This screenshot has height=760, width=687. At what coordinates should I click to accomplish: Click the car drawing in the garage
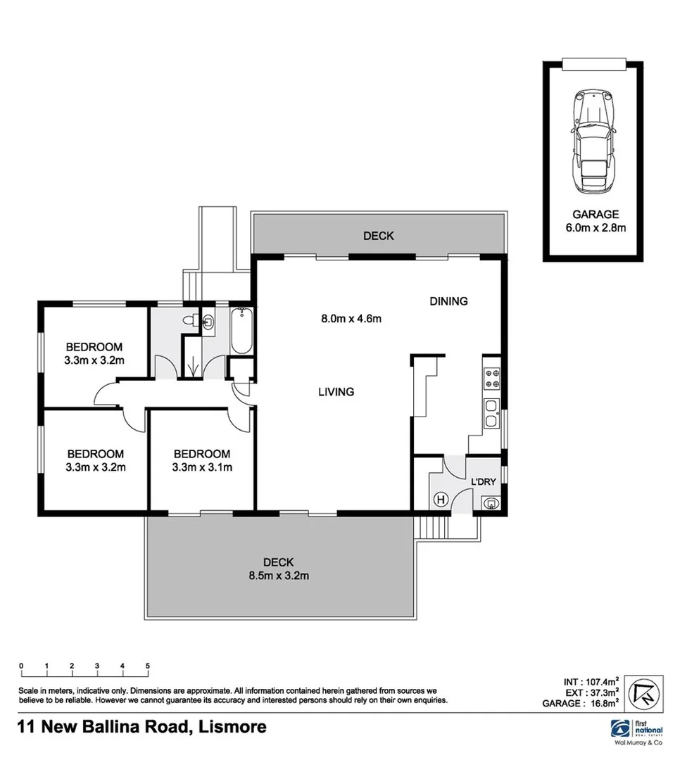[x=592, y=141]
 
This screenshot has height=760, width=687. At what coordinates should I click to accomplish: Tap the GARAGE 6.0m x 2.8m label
[x=595, y=221]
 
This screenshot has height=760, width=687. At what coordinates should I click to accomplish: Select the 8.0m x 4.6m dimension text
[x=351, y=318]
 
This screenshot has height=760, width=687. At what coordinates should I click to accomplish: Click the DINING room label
[x=448, y=301]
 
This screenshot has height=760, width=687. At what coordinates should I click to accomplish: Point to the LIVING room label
[x=336, y=392]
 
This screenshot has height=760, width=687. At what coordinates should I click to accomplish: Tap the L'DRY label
[x=484, y=481]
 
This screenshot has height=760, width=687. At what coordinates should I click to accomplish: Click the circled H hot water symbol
[x=441, y=500]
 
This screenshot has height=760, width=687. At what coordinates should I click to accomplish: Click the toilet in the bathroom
[x=190, y=321]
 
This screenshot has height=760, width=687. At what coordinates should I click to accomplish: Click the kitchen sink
[x=491, y=414]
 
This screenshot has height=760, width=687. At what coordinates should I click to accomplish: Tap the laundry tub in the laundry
[x=491, y=502]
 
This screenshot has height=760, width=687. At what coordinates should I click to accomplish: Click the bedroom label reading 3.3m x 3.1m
[x=202, y=460]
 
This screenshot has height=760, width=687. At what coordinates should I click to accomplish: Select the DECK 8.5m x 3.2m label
[x=278, y=569]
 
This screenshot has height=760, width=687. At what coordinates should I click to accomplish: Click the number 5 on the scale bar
[x=148, y=665]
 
